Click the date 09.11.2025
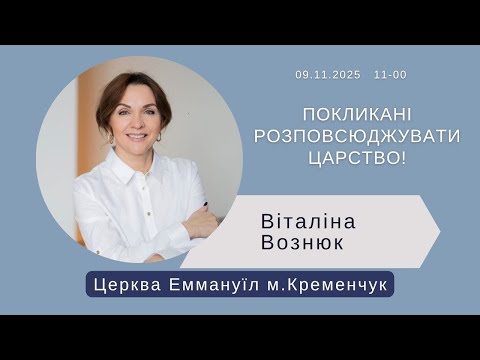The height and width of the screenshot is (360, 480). tap(327, 75)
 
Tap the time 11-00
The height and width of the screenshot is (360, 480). tap(390, 75)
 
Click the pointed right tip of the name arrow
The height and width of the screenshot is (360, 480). tap(438, 230)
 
